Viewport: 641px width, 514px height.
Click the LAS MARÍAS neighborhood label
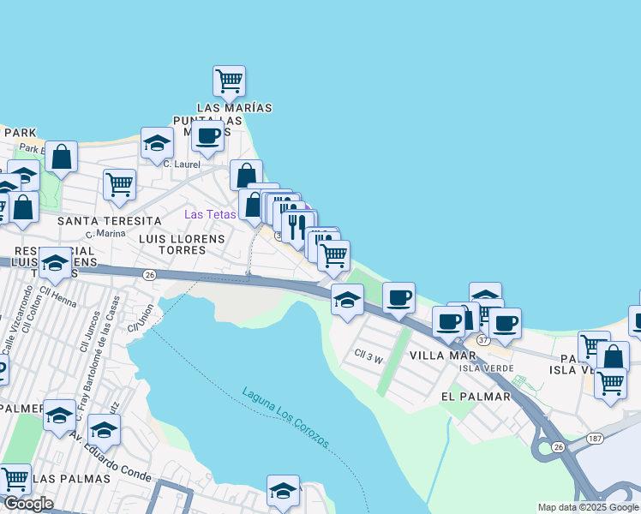pyautogui.click(x=234, y=108)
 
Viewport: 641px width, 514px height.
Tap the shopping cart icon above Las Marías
pyautogui.click(x=229, y=81)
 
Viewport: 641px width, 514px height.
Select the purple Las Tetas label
pyautogui.click(x=211, y=213)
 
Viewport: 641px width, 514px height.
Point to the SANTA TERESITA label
pyautogui.click(x=109, y=221)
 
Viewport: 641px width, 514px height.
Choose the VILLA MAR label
pyautogui.click(x=442, y=355)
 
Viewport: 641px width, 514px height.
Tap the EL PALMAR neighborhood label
pyautogui.click(x=476, y=397)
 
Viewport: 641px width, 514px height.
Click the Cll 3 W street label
pyautogui.click(x=368, y=353)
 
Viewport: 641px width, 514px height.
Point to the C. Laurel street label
pyautogui.click(x=181, y=164)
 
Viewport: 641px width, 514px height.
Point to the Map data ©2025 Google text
pyautogui.click(x=588, y=507)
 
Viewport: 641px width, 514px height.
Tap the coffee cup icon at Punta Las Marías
pyautogui.click(x=207, y=135)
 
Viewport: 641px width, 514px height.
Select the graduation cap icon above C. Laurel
pyautogui.click(x=157, y=143)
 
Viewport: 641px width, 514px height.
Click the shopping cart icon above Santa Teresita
pyautogui.click(x=119, y=183)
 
